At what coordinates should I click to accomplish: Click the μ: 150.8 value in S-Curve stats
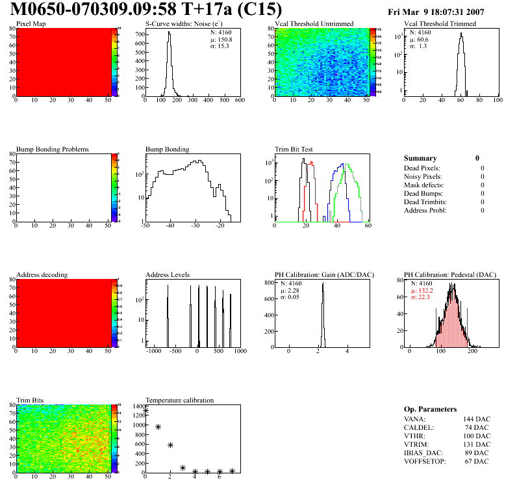[x=221, y=39]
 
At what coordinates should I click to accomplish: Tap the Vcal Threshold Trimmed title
[x=440, y=24]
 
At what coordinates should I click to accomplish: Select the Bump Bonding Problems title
[x=53, y=150]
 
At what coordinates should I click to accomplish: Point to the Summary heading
[x=420, y=158]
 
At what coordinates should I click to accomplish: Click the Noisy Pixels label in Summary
[x=423, y=176]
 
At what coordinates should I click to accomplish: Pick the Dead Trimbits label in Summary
[x=425, y=202]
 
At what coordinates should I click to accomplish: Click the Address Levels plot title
[x=168, y=275]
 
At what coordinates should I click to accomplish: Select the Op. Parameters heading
[x=430, y=409]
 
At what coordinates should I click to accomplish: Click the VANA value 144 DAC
[x=477, y=419]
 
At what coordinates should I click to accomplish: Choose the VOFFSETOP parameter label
[x=425, y=461]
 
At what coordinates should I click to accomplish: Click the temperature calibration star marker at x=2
[x=170, y=445]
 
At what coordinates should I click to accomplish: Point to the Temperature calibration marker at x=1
[x=158, y=427]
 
